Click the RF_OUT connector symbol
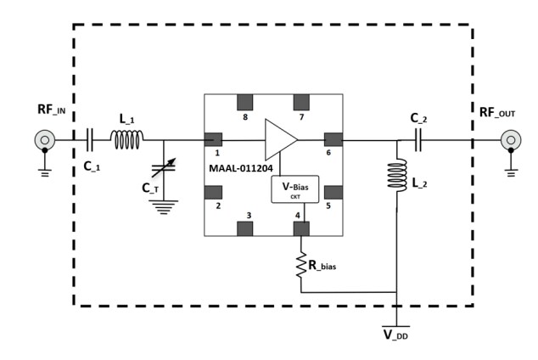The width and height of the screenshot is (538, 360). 510,139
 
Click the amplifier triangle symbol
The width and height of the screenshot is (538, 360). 281,139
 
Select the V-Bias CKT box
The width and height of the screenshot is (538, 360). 294,189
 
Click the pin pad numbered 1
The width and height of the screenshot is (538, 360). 213,139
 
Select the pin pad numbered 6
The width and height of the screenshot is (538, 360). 333,139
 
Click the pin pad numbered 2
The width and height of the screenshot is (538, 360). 213,190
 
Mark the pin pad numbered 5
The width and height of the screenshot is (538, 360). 333,190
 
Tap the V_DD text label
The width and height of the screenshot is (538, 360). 397,335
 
